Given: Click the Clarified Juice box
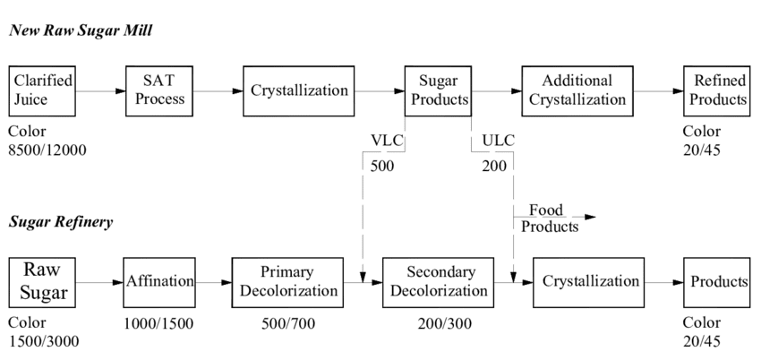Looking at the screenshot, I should (42, 90).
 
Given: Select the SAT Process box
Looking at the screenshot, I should (159, 90).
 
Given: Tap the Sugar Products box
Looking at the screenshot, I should (438, 90).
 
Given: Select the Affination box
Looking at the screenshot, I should (159, 282).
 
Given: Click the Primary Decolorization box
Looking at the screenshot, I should (286, 282).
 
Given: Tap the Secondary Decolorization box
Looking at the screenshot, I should (439, 282).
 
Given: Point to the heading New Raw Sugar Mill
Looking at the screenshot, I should (81, 30).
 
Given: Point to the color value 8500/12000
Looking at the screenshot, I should (47, 150).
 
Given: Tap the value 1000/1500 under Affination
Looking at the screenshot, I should (158, 323).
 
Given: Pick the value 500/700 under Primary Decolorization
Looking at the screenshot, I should (286, 323).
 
